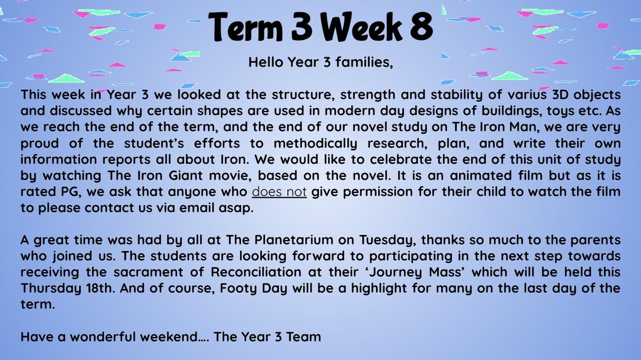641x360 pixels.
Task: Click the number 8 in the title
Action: point(421,26)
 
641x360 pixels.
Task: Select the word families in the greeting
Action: point(364,62)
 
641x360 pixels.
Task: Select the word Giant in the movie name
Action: point(185,175)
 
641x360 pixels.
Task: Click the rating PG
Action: point(69,192)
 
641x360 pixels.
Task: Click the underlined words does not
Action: point(279,192)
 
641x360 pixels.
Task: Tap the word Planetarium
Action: point(294,240)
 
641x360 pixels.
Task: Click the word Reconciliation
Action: point(256,272)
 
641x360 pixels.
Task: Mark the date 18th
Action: point(100,288)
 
